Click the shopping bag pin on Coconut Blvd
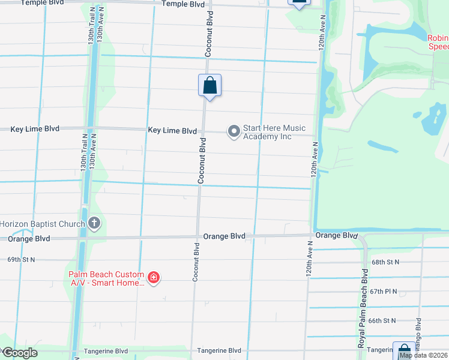209,85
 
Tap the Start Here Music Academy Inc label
274,132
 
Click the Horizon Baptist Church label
42,224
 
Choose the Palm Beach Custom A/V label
106,278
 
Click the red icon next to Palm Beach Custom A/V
154,277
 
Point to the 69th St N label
22,259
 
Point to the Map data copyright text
424,355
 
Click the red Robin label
438,42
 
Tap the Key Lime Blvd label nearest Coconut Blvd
172,130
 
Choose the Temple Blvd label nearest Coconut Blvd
183,4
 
